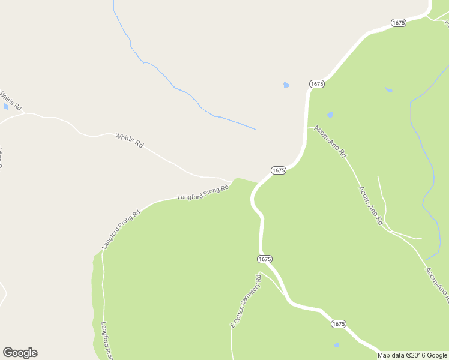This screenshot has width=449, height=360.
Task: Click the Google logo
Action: coord(20,353)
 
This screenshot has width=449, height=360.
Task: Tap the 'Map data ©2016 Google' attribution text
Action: coord(412,355)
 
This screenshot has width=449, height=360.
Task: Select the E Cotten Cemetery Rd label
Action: coord(247,301)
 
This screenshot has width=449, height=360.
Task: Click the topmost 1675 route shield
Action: coord(399,22)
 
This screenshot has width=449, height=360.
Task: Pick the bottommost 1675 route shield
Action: coord(339,323)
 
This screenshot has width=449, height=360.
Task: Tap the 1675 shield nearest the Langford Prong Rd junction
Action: coord(278,170)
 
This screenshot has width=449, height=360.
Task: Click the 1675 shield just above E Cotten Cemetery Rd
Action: coord(265,259)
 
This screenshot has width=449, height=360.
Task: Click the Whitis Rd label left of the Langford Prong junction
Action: coord(130,141)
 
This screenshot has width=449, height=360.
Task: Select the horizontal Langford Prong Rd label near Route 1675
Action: coord(203,193)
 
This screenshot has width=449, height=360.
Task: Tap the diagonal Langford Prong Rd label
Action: coord(121,229)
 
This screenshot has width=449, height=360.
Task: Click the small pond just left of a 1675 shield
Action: coord(286,85)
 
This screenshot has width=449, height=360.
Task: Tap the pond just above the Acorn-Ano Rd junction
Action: coord(330,115)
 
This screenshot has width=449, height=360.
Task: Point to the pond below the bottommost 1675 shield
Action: coord(337,345)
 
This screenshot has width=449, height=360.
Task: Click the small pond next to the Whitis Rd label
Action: coord(6,106)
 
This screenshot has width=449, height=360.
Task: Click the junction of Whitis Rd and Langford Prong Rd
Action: coord(232,181)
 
